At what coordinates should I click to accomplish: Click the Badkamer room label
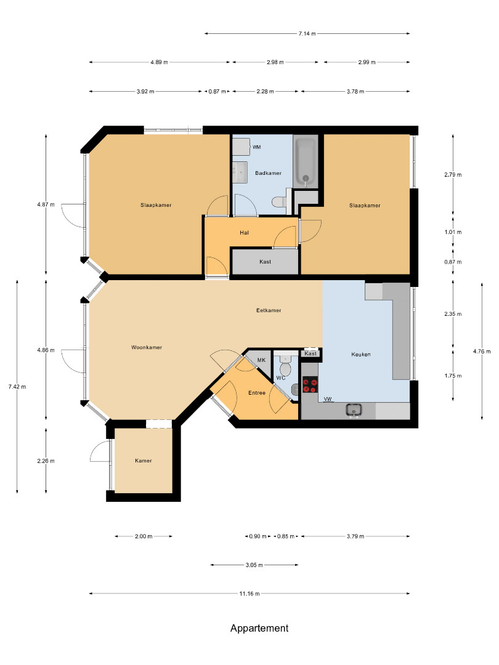pos(268,173)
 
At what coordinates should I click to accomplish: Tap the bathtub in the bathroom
pos(306,161)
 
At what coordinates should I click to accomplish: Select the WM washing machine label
pos(257,147)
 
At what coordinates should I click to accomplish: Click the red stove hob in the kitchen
pos(310,385)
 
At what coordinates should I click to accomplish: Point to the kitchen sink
pos(354,411)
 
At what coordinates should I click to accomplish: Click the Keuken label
pos(361,355)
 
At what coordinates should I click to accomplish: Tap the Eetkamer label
pos(269,310)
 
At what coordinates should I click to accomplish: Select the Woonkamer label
pos(147,347)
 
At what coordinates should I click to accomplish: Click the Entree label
pos(257,393)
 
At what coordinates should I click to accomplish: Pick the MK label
pos(261,360)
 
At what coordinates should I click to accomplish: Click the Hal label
pos(244,233)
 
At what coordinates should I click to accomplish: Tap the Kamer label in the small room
pos(144,461)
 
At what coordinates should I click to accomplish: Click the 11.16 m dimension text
pos(249,594)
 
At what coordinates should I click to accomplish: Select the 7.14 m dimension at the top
pos(307,33)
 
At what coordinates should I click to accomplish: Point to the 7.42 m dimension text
pos(17,387)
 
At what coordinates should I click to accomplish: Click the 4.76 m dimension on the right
pos(482,351)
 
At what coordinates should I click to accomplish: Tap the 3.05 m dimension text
pos(254,565)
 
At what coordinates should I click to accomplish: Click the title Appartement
pos(259,628)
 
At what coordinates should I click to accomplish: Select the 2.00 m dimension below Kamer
pos(144,536)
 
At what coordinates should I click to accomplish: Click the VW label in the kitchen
pos(328,399)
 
